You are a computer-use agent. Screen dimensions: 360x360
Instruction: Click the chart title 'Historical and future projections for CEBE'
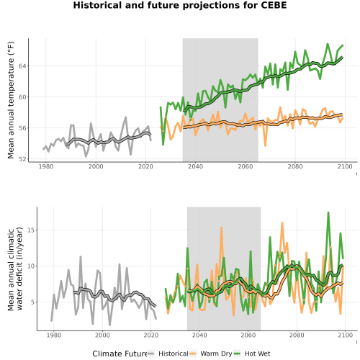tap(180, 5)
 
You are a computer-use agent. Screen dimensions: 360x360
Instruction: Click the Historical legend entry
tap(168, 354)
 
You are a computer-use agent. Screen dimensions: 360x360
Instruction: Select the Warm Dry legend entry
tap(211, 354)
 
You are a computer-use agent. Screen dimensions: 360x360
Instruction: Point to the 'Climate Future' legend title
tap(120, 354)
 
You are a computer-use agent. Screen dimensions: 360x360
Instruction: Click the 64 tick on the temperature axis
tap(22, 66)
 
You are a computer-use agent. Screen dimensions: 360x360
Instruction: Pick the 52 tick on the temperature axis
tap(22, 159)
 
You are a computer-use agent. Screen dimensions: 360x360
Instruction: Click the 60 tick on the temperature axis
tap(22, 97)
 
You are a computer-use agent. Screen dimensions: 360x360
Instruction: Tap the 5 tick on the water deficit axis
tap(32, 302)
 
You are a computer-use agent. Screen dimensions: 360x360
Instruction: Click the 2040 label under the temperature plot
tap(195, 166)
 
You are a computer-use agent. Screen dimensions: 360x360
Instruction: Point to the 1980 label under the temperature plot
tap(46, 166)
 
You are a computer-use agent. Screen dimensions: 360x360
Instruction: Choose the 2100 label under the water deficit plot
tap(345, 335)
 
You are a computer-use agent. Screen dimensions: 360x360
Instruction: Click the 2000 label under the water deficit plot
tap(102, 335)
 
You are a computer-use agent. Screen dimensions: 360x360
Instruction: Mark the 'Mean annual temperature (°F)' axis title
tap(11, 100)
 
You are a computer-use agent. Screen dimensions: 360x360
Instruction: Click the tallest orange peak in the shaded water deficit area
tap(221, 228)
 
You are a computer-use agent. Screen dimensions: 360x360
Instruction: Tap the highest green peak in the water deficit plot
tap(328, 212)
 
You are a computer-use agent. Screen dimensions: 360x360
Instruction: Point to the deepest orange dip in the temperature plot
tap(265, 145)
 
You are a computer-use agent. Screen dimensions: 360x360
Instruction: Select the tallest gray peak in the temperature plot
tap(126, 117)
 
